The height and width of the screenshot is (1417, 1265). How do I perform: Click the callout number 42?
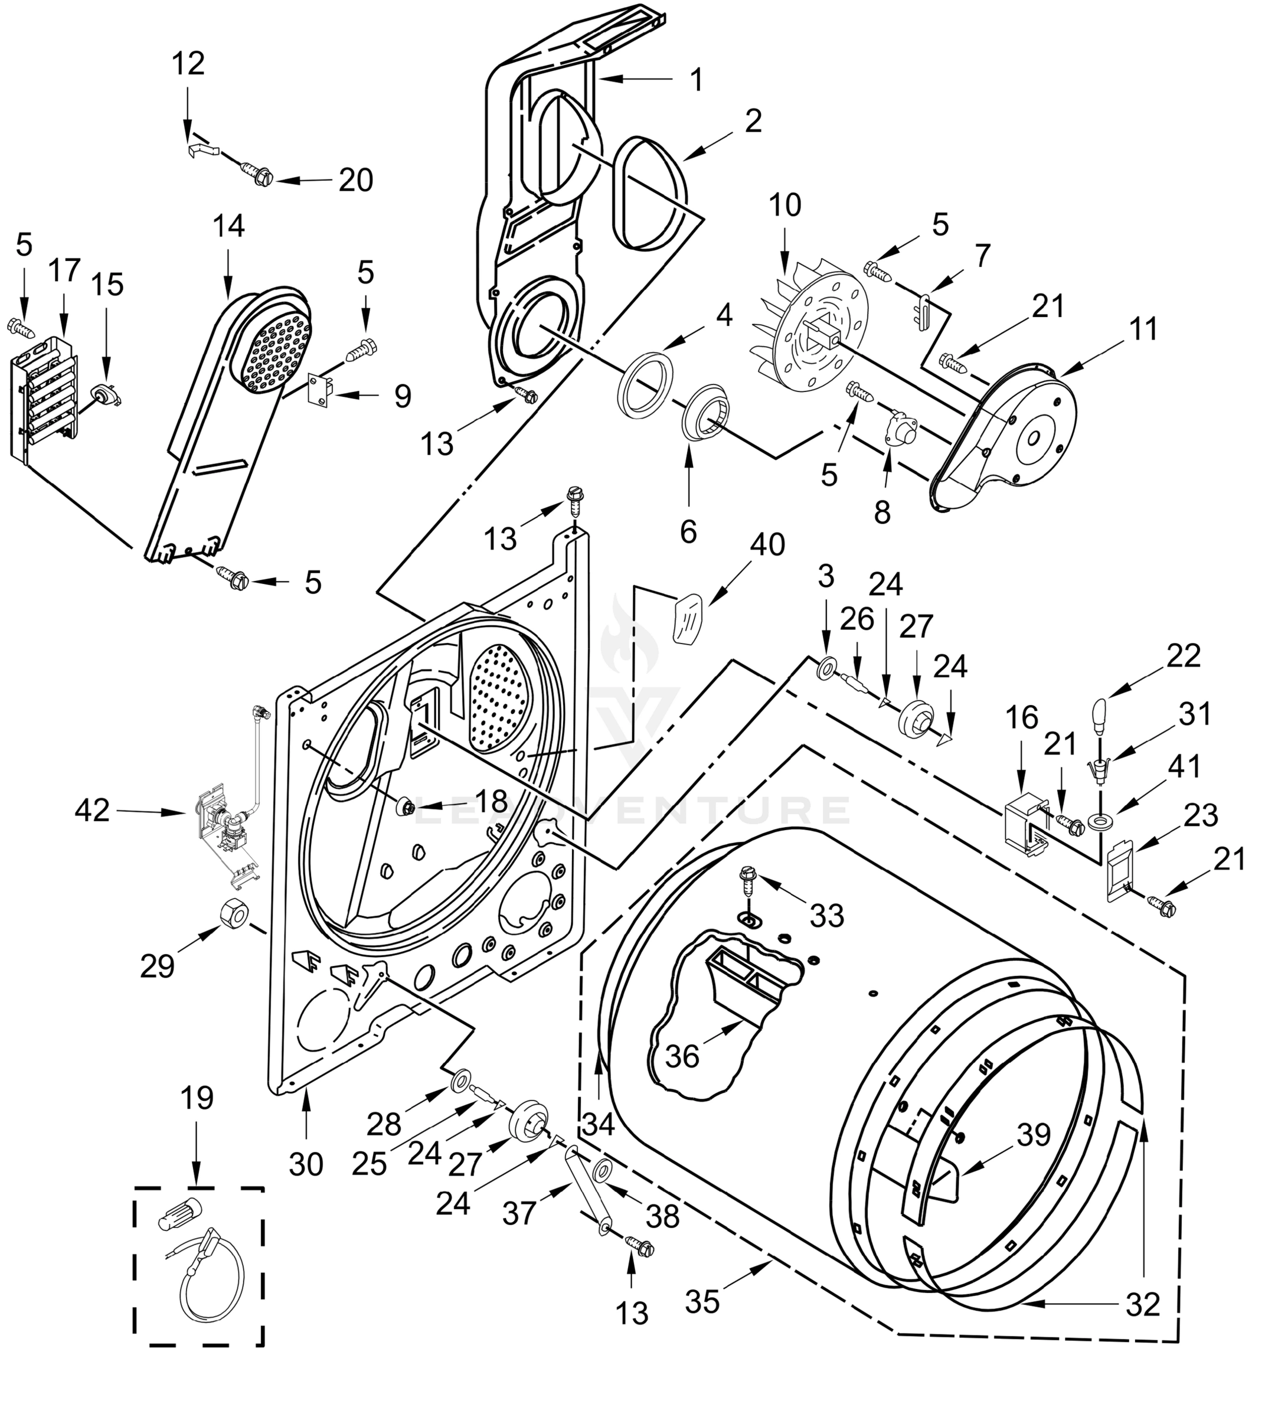[93, 809]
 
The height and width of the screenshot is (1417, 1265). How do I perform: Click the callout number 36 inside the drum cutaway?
[682, 1056]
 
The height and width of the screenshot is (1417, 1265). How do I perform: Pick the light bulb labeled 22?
[1099, 716]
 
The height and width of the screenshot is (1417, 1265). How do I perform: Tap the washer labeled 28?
[460, 1081]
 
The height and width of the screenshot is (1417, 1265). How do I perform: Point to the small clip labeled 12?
[201, 149]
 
